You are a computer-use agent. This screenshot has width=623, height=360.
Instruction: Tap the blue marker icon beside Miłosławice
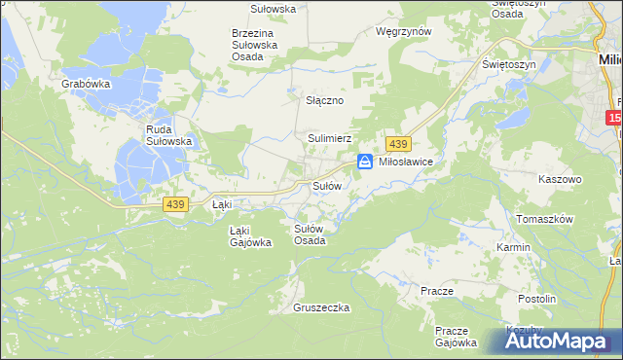click(365, 162)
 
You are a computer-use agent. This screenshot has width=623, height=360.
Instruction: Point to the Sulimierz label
click(330, 139)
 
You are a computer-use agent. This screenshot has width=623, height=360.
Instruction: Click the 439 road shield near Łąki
click(176, 203)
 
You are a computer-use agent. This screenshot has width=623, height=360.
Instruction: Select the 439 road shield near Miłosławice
click(397, 143)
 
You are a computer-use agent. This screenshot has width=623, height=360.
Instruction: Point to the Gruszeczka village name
click(321, 307)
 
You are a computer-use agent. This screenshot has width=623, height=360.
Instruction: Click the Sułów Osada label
click(310, 234)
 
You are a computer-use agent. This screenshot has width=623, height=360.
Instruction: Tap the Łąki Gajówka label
click(248, 236)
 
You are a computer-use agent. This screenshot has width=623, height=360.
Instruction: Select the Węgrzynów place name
click(403, 31)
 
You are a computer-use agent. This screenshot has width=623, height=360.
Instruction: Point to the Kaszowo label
click(560, 180)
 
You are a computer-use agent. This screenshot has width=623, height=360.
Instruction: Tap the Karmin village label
click(513, 247)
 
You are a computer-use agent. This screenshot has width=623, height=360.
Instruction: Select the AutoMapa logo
click(560, 342)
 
